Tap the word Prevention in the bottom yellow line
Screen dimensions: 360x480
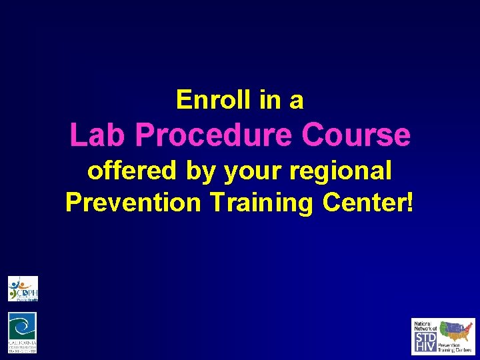click(x=133, y=201)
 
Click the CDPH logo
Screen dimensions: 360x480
click(x=23, y=289)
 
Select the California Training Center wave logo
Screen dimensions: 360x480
click(x=23, y=332)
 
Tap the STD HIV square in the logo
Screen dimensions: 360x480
click(x=425, y=342)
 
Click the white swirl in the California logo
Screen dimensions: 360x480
click(x=23, y=327)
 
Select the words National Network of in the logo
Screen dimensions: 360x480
click(x=425, y=326)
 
